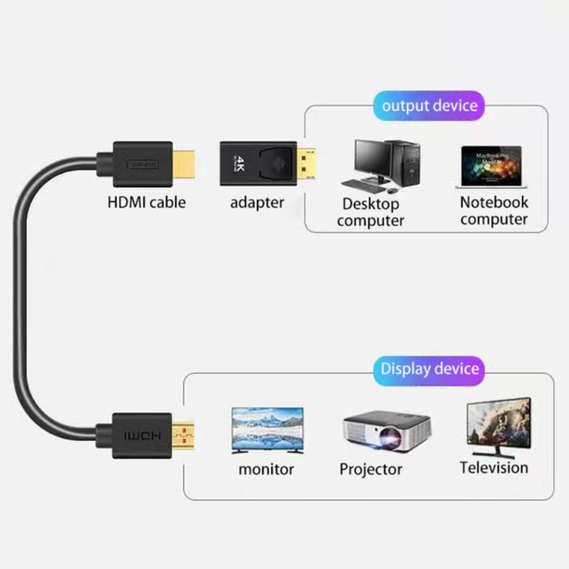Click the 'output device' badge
[429, 106]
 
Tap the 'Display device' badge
[429, 369]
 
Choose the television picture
[498, 426]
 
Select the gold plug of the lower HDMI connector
[185, 435]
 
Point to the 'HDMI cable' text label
[147, 202]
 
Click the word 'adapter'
[257, 203]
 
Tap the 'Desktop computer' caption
[371, 212]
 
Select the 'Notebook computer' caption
[494, 211]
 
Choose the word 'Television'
[494, 467]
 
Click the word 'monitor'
[266, 469]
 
